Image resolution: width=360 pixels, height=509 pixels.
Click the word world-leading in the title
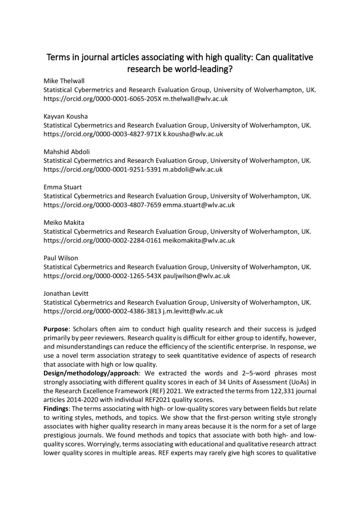pyautogui.click(x=199, y=69)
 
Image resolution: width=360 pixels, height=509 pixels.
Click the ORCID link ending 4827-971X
pyautogui.click(x=102, y=134)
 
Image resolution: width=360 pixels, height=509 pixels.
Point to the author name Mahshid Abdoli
pyautogui.click(x=67, y=152)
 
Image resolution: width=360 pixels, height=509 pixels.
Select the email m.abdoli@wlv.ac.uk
pyautogui.click(x=193, y=169)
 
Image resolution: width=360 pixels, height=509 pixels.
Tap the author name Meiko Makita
pyautogui.click(x=64, y=222)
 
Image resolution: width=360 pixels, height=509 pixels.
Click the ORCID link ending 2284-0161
pyautogui.click(x=102, y=240)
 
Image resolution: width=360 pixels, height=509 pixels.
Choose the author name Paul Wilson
pyautogui.click(x=61, y=258)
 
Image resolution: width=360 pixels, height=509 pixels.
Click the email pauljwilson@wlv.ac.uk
pyautogui.click(x=196, y=276)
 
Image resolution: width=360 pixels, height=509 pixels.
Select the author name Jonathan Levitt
pyautogui.click(x=66, y=293)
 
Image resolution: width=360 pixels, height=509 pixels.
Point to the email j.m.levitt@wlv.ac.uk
pyautogui.click(x=193, y=311)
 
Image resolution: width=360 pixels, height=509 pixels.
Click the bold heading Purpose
pyautogui.click(x=56, y=329)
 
